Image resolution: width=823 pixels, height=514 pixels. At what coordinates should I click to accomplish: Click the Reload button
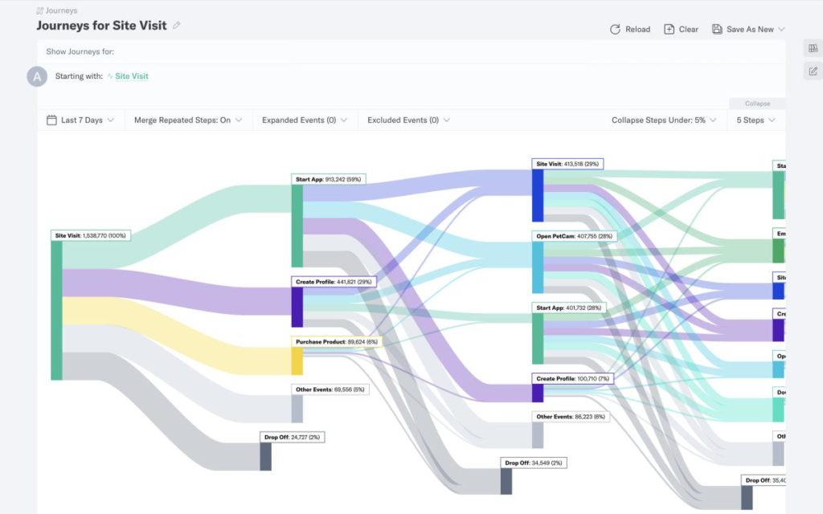tap(630, 29)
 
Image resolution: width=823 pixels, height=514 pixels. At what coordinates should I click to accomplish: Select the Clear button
tap(681, 29)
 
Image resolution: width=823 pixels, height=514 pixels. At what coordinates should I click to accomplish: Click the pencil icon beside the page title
tap(177, 25)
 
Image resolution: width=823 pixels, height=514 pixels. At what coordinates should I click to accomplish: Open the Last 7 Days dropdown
tap(80, 120)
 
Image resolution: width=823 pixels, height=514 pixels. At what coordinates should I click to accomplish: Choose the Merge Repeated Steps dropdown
tap(188, 120)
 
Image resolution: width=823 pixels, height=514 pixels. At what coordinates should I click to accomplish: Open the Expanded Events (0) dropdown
tap(305, 120)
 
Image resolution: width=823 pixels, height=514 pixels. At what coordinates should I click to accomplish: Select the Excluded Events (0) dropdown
tap(408, 120)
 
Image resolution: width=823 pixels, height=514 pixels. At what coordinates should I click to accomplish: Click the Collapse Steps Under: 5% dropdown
tap(663, 120)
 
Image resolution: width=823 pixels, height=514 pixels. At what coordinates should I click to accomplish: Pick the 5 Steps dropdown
tap(755, 120)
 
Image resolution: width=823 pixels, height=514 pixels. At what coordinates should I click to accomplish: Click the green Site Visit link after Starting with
tap(131, 76)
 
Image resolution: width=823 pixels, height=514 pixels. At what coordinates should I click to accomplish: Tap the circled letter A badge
tap(37, 76)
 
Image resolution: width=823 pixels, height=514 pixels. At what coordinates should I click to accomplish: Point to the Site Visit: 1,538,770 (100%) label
tap(91, 236)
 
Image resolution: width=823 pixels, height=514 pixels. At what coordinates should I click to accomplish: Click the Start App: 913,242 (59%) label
tap(330, 179)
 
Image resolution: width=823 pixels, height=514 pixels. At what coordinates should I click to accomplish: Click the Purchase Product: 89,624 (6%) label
tap(336, 341)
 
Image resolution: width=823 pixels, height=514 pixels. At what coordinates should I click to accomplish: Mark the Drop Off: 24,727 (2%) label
tap(292, 438)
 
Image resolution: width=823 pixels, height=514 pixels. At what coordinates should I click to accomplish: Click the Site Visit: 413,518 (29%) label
tap(567, 164)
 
